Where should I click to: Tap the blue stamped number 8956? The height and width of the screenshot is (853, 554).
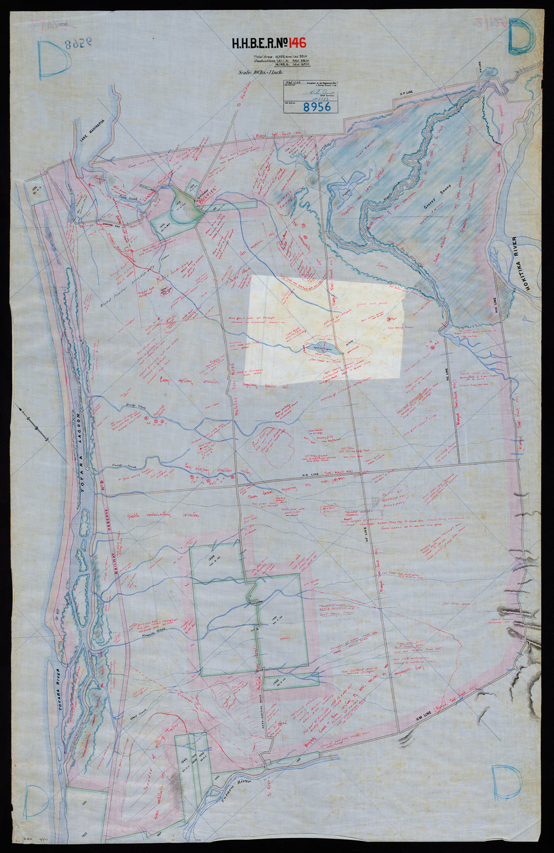(x=316, y=106)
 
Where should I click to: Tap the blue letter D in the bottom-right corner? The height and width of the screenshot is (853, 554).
(x=507, y=782)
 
